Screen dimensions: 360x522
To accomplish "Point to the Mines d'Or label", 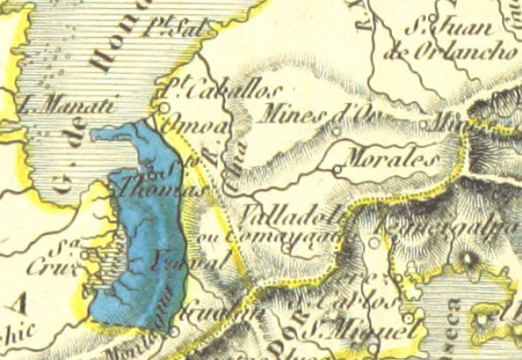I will tap(312, 115).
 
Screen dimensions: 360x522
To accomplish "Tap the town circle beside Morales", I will tap(336, 169).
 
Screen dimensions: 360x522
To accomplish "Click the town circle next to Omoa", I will tap(165, 113).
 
